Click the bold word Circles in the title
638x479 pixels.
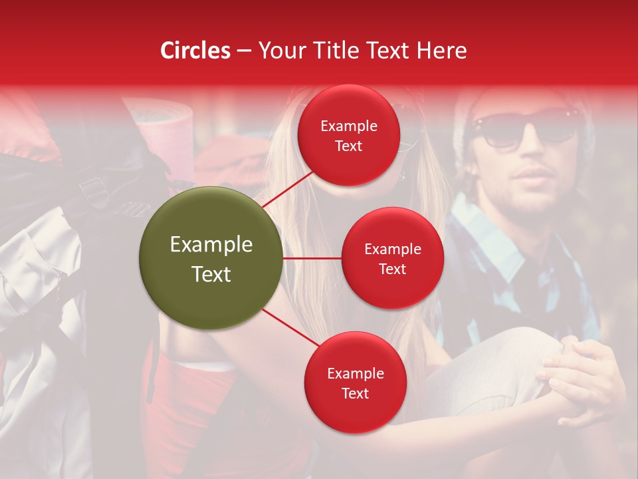click(x=195, y=51)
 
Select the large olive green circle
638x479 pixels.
click(x=211, y=259)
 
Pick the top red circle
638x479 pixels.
click(x=349, y=136)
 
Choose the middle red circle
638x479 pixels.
click(x=392, y=258)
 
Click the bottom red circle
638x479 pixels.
click(x=355, y=383)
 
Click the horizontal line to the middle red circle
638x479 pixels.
click(x=312, y=258)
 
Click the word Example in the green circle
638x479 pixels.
click(x=211, y=245)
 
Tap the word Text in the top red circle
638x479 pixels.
click(x=349, y=146)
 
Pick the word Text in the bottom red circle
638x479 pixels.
click(x=355, y=393)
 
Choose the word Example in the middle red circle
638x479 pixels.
click(x=392, y=249)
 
